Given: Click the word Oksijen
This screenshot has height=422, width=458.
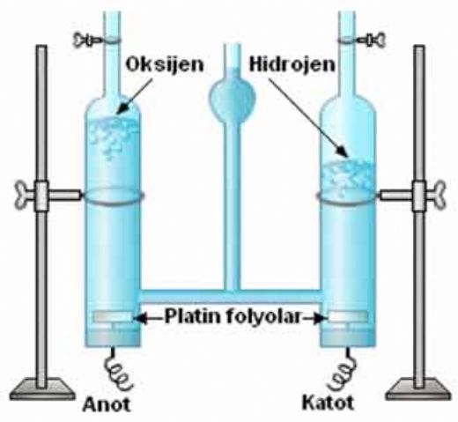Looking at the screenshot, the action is [165, 65].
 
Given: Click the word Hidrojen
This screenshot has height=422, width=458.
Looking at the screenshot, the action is [292, 64].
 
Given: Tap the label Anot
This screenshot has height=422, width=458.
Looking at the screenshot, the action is [107, 404].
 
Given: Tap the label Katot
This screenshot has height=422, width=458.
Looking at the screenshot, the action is [328, 403].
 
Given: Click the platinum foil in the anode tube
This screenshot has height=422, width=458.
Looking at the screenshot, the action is [113, 316].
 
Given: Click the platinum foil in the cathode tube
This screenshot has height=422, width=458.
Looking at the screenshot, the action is [348, 316].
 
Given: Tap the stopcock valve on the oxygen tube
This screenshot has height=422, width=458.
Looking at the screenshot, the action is [88, 40].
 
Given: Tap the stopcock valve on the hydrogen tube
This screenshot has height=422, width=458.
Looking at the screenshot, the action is [372, 39].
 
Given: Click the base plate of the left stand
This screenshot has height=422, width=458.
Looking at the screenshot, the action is [41, 389].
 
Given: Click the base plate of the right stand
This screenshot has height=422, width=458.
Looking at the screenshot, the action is [419, 389].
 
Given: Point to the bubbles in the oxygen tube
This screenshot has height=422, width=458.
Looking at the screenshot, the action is [113, 134].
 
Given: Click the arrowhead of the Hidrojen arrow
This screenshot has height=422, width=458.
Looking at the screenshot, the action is [343, 152].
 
